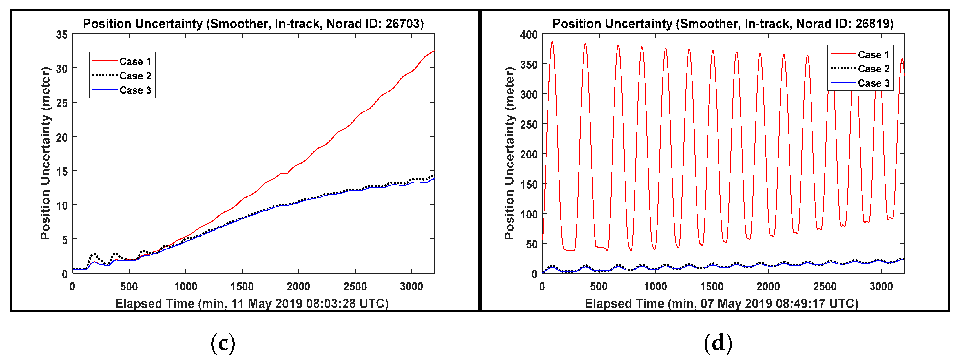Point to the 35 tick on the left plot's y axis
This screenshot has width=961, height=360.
(62, 35)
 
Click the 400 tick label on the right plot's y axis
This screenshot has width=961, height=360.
(529, 35)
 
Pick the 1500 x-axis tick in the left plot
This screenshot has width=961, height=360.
(242, 286)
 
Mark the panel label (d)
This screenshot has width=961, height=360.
(718, 343)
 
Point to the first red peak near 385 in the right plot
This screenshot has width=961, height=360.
(552, 42)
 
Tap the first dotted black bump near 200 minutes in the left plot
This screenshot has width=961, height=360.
(94, 254)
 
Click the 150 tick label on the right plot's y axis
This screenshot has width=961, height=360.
(529, 184)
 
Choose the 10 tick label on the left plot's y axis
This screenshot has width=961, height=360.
(62, 206)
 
